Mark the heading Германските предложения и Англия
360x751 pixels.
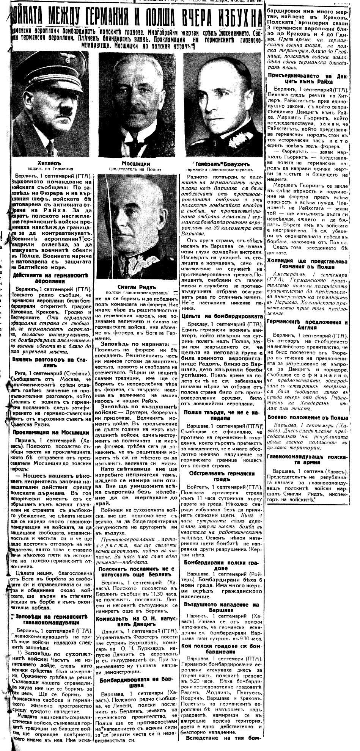[308, 325]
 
